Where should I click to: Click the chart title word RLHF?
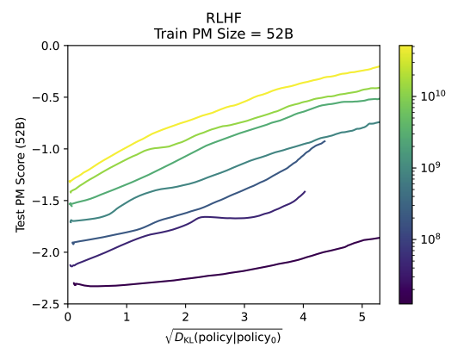coord(224,17)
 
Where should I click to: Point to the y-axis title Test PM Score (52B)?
coord(20,175)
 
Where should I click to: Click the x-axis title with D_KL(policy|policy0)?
coord(224,336)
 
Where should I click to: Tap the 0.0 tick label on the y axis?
coord(50,45)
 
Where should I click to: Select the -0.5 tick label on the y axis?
coord(47,96)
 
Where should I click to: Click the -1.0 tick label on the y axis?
coord(47,149)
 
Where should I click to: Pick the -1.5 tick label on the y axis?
coord(47,201)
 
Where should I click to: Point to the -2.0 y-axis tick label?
coord(47,252)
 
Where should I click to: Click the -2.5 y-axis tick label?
coord(47,304)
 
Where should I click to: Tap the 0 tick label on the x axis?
coord(68,317)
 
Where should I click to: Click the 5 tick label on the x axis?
coord(362,317)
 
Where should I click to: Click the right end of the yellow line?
coord(380,66)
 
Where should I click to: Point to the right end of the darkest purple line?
coord(380,238)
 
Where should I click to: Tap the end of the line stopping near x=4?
coord(305,191)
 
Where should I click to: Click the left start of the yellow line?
coord(69,183)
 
